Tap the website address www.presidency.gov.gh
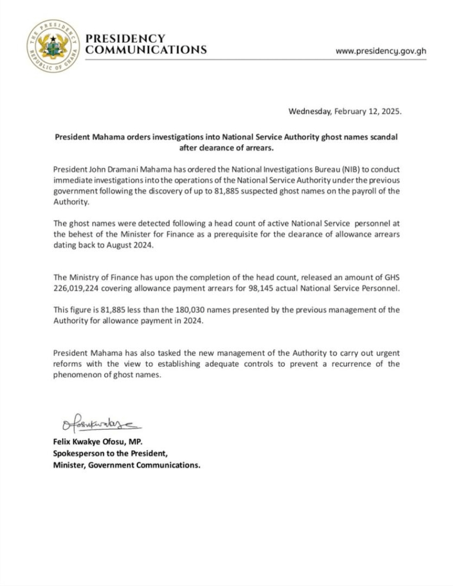point(381,50)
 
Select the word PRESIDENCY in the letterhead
point(125,38)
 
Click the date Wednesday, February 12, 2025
point(345,112)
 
